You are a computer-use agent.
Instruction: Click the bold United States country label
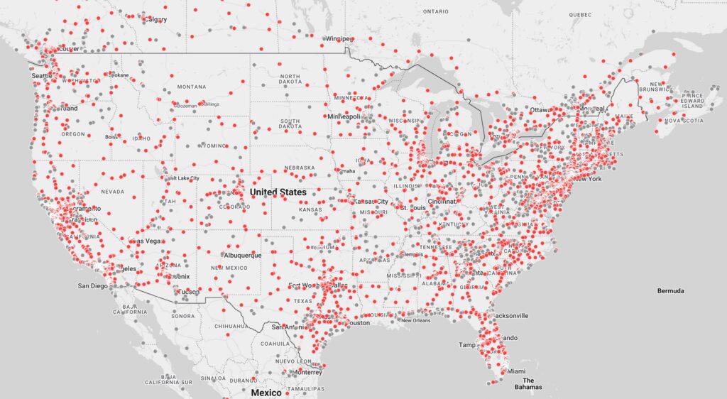click(278, 192)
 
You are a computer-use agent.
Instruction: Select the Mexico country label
click(266, 393)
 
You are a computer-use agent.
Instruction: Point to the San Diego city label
click(93, 286)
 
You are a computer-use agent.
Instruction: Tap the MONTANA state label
click(191, 87)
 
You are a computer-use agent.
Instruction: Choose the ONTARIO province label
click(435, 11)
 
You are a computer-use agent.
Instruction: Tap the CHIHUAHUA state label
click(232, 327)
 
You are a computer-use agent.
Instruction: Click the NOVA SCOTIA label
click(682, 121)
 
